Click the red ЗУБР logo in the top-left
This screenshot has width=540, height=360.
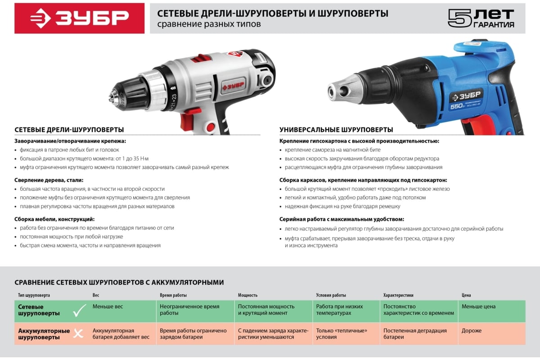[x=79, y=18]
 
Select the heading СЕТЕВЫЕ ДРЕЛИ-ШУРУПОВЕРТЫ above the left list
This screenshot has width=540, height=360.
[x=69, y=130]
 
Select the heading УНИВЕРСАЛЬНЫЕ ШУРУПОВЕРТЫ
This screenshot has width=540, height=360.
[x=336, y=130]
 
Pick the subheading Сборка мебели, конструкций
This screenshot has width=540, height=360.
[x=54, y=219]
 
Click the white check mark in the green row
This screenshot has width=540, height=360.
[x=79, y=310]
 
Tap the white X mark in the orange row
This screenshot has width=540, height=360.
[x=79, y=333]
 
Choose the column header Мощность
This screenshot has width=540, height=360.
[x=247, y=295]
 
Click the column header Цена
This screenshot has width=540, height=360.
[x=466, y=295]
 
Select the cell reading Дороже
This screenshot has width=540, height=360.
[x=472, y=331]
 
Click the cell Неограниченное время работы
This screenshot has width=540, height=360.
[x=189, y=310]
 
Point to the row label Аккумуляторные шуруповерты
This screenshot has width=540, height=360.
[x=44, y=333]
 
